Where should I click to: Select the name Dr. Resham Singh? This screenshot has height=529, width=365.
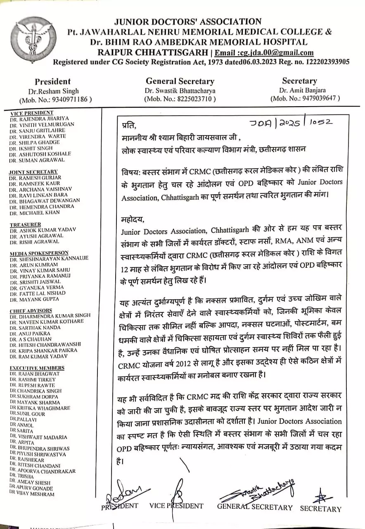(x=53, y=91)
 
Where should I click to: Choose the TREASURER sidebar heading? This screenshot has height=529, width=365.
(x=25, y=224)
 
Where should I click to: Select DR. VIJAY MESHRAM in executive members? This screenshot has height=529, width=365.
(x=33, y=494)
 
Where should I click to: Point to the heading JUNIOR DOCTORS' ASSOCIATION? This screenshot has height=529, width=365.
(x=188, y=21)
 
